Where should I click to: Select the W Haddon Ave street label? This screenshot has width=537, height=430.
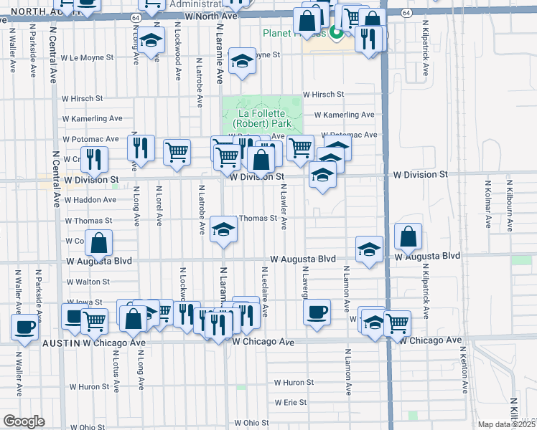(90, 200)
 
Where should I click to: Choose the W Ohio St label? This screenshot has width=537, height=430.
(251, 424)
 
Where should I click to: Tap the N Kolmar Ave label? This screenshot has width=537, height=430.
(487, 204)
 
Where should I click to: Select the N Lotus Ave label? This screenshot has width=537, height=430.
(116, 373)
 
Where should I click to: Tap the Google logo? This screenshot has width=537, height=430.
(24, 421)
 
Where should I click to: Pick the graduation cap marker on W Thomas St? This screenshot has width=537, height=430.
(224, 230)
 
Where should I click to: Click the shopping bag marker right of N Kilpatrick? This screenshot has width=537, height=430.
(408, 236)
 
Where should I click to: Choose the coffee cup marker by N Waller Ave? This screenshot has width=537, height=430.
(24, 328)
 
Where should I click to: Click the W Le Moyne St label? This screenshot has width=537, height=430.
(88, 57)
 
